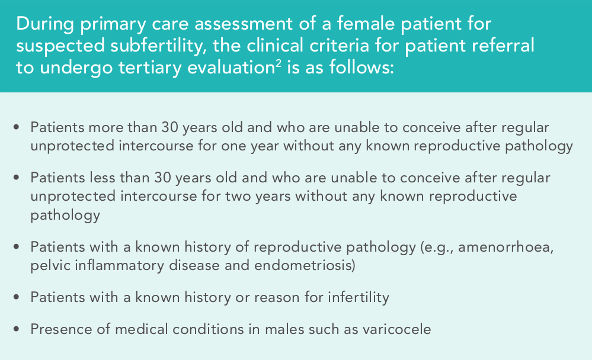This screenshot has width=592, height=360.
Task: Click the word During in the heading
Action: coord(45,24)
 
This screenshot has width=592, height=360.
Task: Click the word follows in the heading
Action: coord(360,68)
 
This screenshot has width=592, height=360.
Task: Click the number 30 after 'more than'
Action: coord(170,127)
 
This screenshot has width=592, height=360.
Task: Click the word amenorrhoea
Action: coord(505,247)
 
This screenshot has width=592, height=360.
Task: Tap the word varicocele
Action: coord(397,329)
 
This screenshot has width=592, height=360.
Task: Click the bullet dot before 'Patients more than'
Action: coord(16,127)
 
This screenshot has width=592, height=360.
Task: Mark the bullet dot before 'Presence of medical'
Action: coord(16,329)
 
